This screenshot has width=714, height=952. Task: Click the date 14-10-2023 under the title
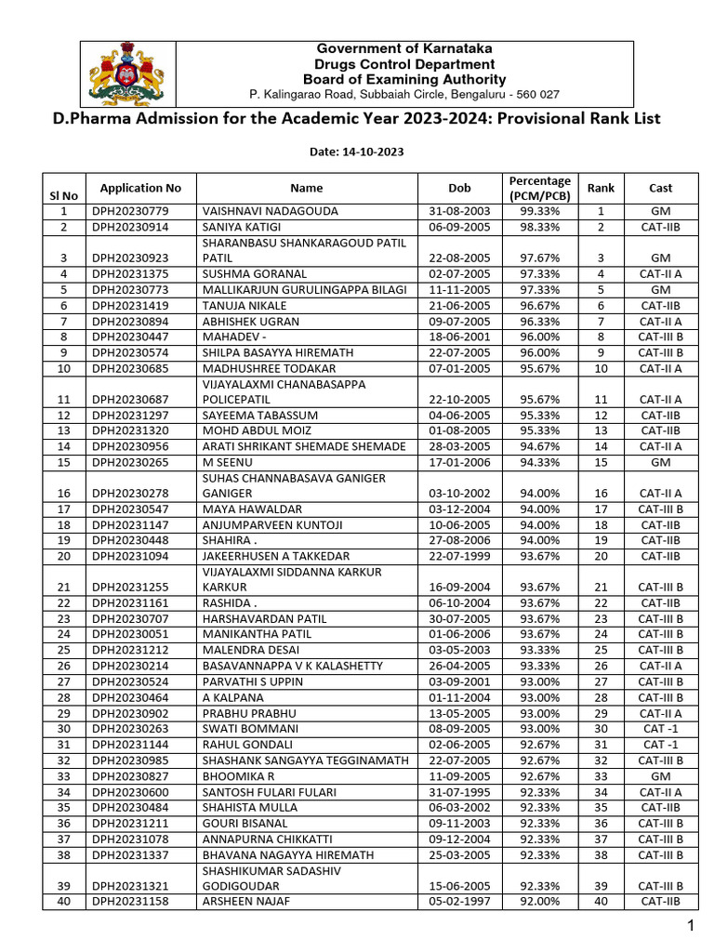click(x=357, y=151)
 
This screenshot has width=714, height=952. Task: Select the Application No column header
click(x=140, y=188)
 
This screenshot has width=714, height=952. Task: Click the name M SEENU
click(x=227, y=462)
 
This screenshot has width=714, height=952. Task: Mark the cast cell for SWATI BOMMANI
click(x=660, y=729)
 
